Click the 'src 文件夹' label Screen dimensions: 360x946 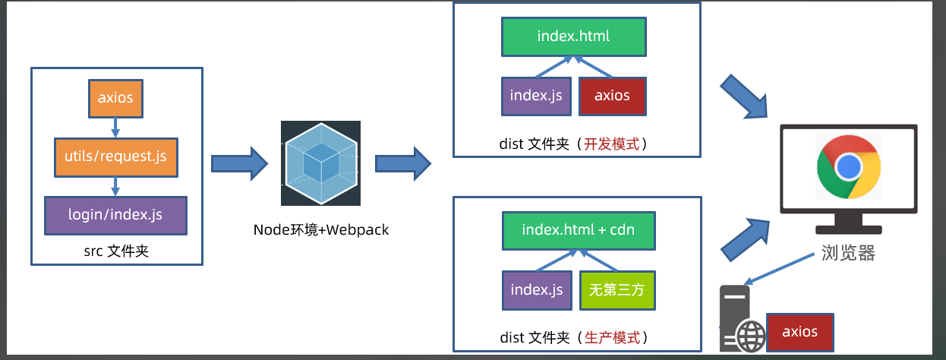116,250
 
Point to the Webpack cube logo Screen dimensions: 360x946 320,163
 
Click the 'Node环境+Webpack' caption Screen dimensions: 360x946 320,229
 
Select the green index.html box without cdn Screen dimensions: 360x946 573,36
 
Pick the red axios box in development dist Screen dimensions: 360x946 612,96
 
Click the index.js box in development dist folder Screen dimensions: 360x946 536,96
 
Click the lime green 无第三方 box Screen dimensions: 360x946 616,289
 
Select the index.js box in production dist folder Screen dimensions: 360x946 536,289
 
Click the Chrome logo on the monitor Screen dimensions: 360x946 848,166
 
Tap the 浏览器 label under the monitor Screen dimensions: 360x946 848,254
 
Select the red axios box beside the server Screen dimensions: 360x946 799,332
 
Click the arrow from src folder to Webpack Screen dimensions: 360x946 239,163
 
